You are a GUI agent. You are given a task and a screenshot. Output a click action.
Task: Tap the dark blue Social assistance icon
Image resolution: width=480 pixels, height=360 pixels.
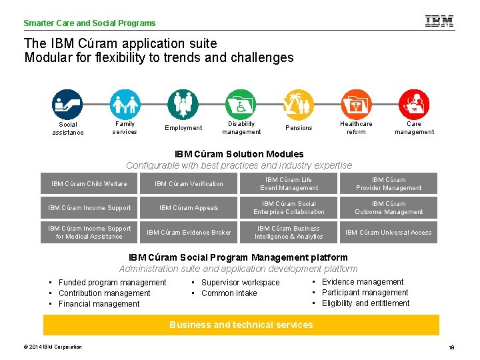[67, 104]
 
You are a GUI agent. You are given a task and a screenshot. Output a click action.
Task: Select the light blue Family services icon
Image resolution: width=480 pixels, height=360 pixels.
[125, 104]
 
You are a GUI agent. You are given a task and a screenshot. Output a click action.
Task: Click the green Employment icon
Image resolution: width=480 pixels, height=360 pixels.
[183, 104]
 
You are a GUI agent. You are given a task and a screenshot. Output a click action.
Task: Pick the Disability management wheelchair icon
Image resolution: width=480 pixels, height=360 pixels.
[241, 104]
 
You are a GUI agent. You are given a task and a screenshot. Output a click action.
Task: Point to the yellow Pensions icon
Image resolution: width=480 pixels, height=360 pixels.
[298, 104]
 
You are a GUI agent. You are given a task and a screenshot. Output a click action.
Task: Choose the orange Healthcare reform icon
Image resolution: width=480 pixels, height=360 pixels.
[356, 104]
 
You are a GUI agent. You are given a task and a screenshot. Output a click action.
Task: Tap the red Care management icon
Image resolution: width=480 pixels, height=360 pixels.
[414, 104]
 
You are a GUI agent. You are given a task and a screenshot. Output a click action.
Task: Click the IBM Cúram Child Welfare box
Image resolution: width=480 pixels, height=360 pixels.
[89, 184]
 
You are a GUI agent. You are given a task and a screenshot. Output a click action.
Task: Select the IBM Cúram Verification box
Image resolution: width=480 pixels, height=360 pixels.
[189, 184]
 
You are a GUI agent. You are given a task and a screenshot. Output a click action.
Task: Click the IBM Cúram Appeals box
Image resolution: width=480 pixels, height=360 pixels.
[189, 208]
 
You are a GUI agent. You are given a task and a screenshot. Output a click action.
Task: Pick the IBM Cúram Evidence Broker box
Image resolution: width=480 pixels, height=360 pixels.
[189, 233]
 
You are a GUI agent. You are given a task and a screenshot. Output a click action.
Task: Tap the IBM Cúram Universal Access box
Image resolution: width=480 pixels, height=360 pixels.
[388, 233]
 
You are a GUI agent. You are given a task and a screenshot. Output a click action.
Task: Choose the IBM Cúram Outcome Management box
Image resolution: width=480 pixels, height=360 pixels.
[388, 208]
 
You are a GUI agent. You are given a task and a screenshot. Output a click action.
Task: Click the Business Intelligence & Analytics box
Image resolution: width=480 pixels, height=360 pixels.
[289, 233]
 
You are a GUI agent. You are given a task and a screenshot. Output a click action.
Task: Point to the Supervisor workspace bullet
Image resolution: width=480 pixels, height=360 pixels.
[240, 283]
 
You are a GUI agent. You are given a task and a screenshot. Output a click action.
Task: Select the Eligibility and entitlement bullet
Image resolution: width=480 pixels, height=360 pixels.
[365, 303]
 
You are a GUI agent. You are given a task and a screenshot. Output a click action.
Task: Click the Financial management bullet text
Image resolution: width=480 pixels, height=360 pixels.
[99, 304]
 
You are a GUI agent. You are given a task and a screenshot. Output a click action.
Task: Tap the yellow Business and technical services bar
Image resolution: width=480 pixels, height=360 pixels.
[241, 325]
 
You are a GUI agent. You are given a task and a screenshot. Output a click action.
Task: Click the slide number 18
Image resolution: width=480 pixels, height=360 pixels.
[451, 347]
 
